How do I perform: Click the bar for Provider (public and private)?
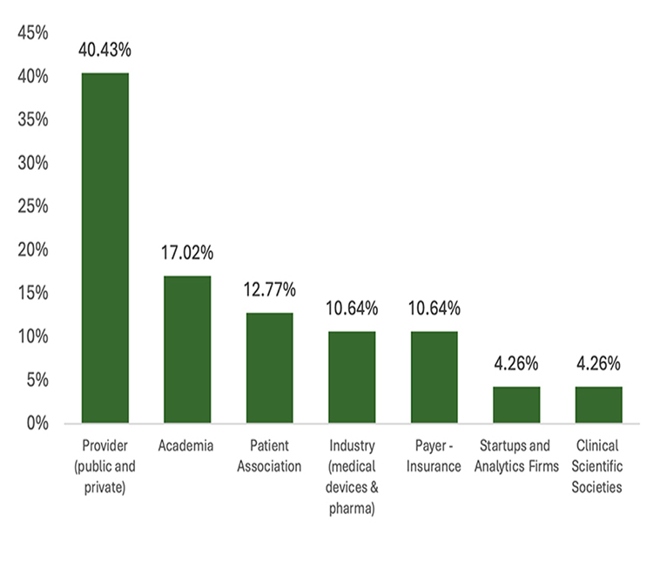click(105, 248)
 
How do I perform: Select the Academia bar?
click(187, 349)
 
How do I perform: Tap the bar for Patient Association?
click(270, 368)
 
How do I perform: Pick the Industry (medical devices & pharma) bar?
click(352, 377)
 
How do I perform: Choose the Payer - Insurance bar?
click(434, 377)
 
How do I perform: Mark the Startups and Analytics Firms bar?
click(516, 405)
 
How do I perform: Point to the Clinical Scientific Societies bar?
click(598, 405)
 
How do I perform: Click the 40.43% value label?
click(105, 51)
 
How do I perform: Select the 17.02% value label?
click(187, 254)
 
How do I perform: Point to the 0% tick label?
click(37, 424)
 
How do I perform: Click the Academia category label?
click(186, 446)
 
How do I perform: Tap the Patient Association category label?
click(270, 456)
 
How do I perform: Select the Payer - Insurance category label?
click(434, 456)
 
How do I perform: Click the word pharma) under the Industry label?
click(352, 508)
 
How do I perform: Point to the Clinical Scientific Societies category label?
click(598, 466)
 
